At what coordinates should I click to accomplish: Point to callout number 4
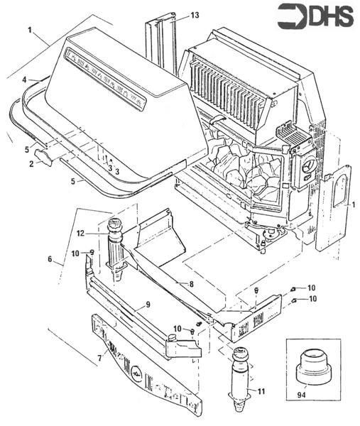(x=24, y=79)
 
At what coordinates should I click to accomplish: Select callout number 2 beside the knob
(x=31, y=164)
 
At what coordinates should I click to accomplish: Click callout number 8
(x=190, y=284)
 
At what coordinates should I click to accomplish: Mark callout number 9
(x=147, y=306)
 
